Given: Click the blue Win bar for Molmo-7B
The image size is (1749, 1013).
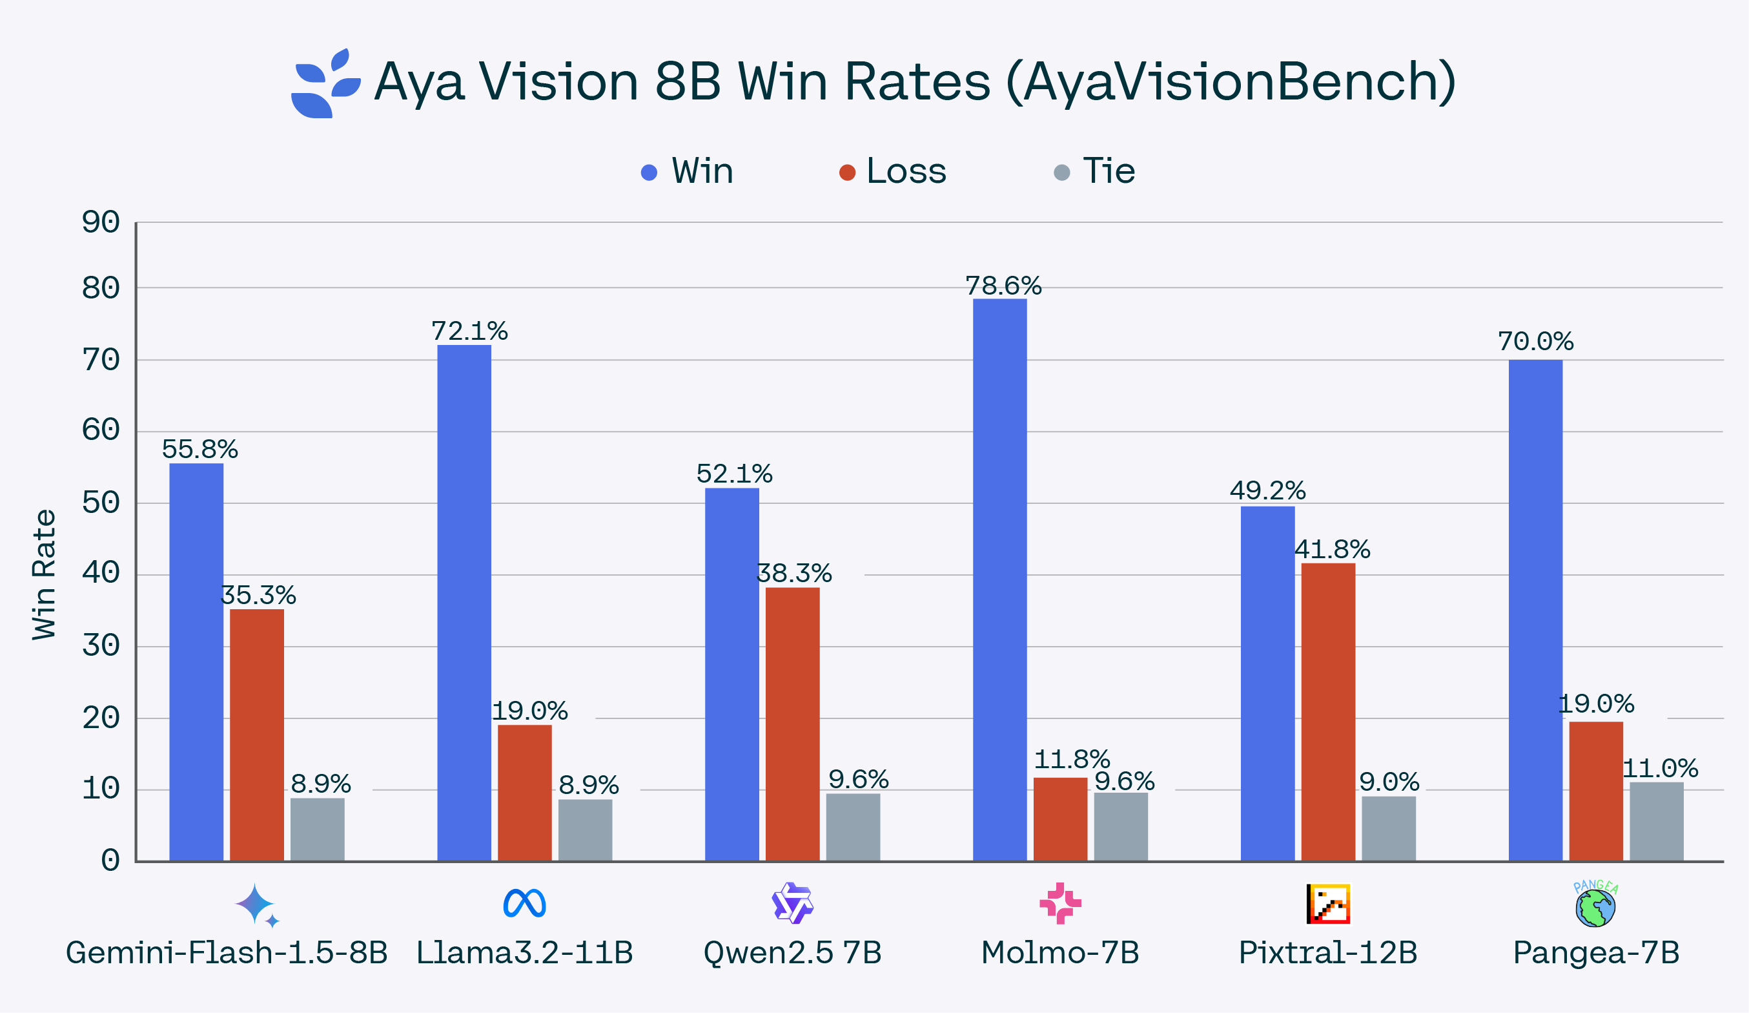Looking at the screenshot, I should pos(999,580).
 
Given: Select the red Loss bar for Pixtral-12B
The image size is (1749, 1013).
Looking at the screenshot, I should pos(1327,712).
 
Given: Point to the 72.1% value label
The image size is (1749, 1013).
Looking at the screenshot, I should pos(469,331).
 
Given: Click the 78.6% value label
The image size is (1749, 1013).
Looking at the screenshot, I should pos(1003,286).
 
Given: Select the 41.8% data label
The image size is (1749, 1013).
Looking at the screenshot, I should pos(1332,550).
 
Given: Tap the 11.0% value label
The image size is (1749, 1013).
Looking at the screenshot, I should pos(1659,769).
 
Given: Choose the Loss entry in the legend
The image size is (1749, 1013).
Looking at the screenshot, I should pos(894,171).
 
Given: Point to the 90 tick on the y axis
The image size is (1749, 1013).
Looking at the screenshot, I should pos(101,222).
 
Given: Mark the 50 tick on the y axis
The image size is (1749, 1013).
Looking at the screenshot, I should pos(101,503).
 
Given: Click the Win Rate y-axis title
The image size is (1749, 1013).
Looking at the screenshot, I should pos(44,575).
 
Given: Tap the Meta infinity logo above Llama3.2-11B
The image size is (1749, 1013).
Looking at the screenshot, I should pos(524,903).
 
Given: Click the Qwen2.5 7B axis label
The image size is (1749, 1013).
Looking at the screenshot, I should pos(792,953).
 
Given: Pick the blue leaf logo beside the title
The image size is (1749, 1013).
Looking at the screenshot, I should pos(324,84).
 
